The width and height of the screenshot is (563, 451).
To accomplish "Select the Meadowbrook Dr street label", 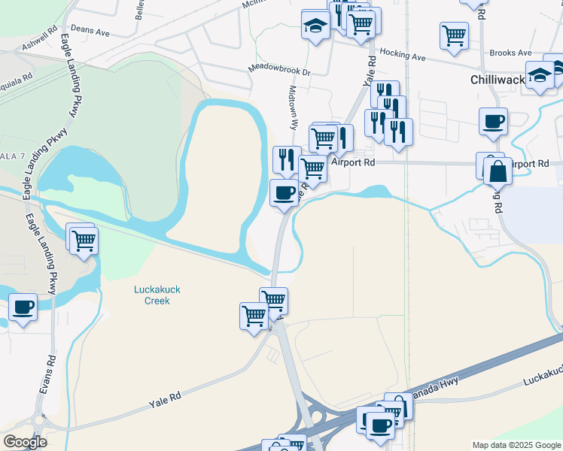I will pos(279,71).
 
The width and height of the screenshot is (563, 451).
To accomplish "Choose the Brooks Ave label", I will pos(510,53).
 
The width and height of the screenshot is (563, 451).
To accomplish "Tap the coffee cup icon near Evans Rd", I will pos(24,306).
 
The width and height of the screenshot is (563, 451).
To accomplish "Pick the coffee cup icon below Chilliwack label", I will pos(493,120).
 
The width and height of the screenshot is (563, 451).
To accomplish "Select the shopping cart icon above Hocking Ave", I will pos(454,35).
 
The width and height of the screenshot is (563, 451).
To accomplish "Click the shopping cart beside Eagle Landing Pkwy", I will pos(84,241).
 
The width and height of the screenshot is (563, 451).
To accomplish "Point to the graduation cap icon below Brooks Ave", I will pos(540,75).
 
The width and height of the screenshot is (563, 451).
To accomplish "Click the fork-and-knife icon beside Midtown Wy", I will pos(286,159).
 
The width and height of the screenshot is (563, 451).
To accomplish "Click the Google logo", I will pos(25,442).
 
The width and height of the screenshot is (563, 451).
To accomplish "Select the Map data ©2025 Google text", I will pos(516,445).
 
